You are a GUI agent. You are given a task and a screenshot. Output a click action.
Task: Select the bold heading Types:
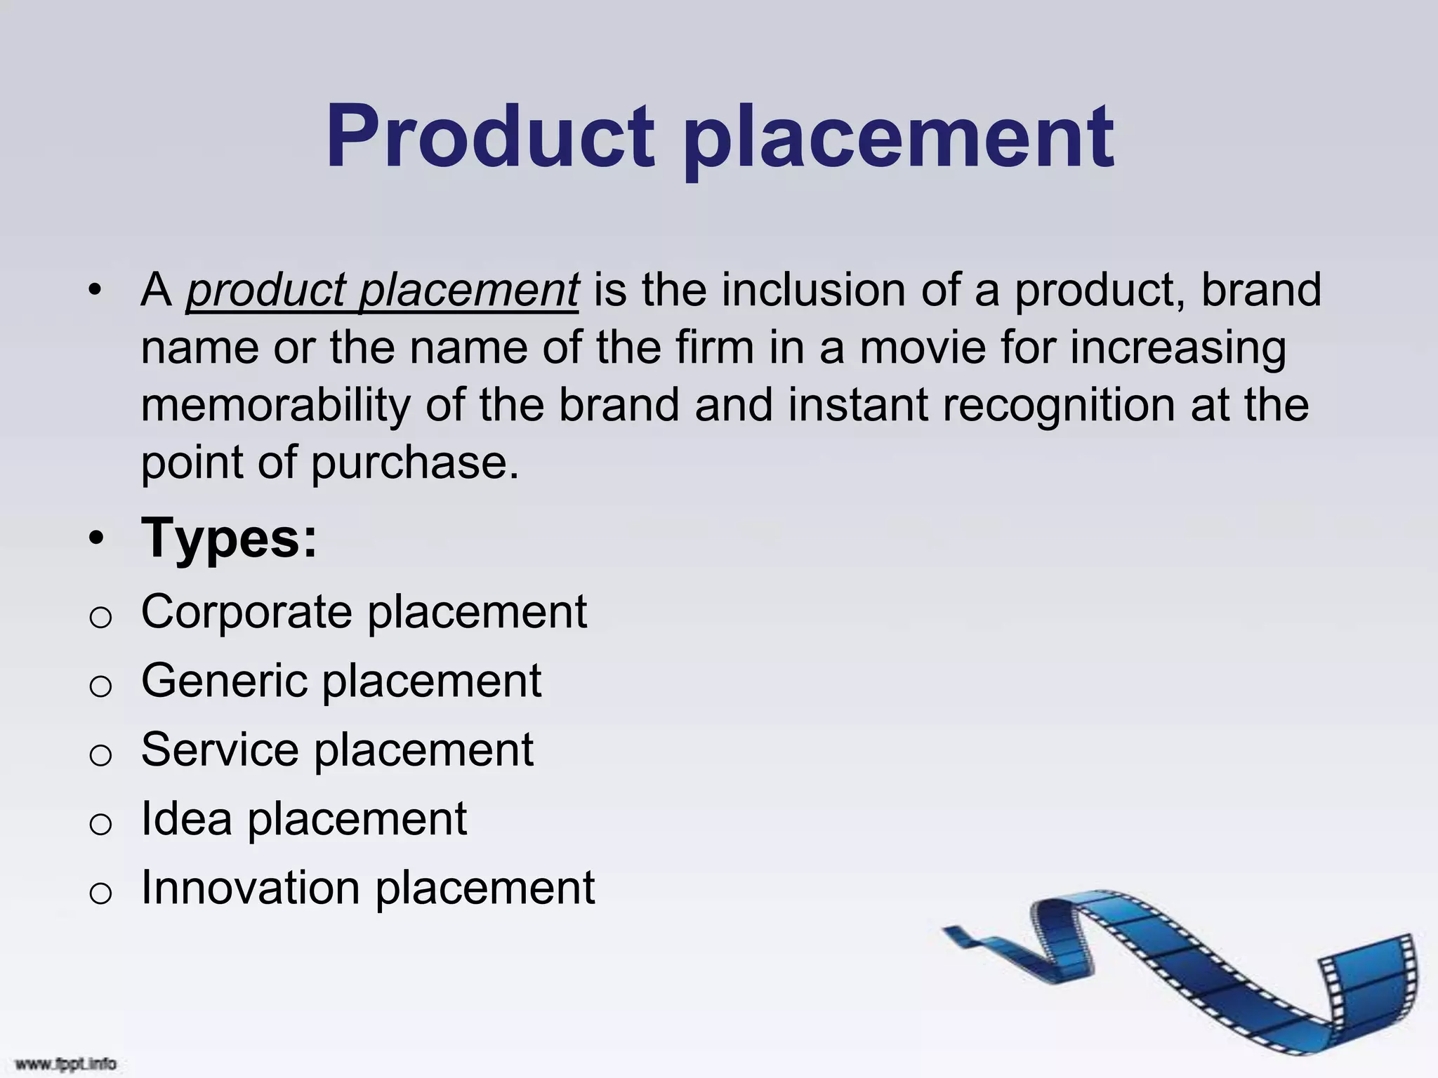(229, 539)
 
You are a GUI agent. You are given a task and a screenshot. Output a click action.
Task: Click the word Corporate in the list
(246, 613)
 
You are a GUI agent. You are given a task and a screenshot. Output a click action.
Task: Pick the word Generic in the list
(224, 681)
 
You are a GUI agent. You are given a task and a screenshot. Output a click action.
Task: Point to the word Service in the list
(220, 750)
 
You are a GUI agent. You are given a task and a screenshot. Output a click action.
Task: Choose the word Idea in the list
(186, 819)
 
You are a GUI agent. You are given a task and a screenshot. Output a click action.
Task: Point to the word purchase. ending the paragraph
(414, 464)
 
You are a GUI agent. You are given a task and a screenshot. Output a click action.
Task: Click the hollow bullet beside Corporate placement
(100, 618)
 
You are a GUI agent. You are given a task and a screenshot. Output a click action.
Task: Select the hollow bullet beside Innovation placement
(100, 893)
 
